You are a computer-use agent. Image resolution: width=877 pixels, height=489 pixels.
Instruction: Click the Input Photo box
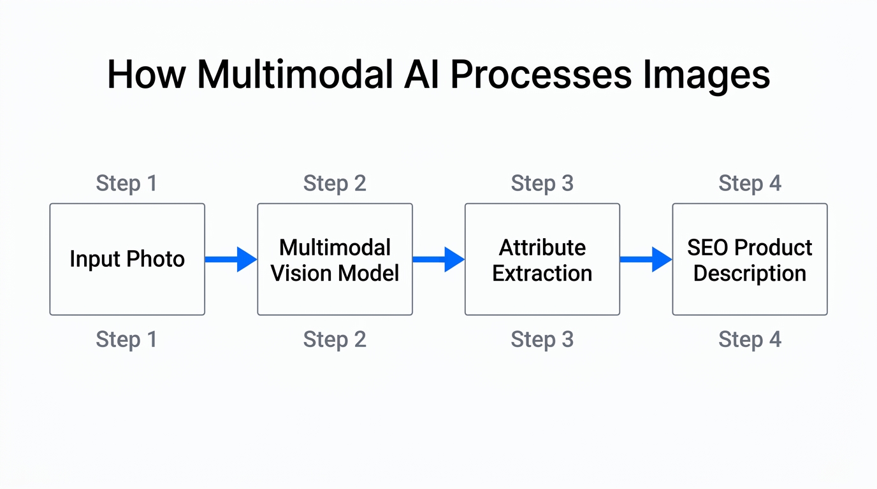(127, 259)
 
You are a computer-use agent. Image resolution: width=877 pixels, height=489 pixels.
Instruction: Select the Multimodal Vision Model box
(335, 259)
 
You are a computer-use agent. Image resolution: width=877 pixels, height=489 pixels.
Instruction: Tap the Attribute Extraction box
(542, 259)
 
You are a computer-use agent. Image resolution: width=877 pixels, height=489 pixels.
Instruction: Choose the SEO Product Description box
(750, 259)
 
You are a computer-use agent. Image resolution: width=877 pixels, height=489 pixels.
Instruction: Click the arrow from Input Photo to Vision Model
(231, 259)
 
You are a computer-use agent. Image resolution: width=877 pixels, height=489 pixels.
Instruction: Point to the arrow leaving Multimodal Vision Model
(438, 259)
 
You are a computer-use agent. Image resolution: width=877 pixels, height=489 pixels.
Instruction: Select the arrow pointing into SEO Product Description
(646, 259)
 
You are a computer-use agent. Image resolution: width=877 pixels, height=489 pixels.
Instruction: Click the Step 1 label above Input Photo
(126, 183)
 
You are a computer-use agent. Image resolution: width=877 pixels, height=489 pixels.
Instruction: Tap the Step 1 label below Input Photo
(126, 339)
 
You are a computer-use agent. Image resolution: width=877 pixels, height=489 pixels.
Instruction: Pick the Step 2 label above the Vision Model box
(335, 183)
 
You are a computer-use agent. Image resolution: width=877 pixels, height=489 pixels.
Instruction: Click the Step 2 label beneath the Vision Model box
(335, 339)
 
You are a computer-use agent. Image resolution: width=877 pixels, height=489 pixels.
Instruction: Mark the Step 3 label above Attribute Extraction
(542, 183)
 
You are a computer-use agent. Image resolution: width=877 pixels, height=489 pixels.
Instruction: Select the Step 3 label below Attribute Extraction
(542, 339)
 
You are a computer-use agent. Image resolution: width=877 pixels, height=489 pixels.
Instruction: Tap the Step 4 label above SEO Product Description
(750, 183)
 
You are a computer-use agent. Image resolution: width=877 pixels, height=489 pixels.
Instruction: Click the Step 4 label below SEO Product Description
(750, 339)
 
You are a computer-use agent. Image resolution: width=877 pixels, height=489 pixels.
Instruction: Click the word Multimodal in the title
(294, 75)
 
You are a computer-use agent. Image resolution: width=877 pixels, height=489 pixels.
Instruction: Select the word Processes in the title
(541, 75)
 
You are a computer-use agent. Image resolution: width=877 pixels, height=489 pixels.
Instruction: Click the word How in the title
(146, 75)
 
